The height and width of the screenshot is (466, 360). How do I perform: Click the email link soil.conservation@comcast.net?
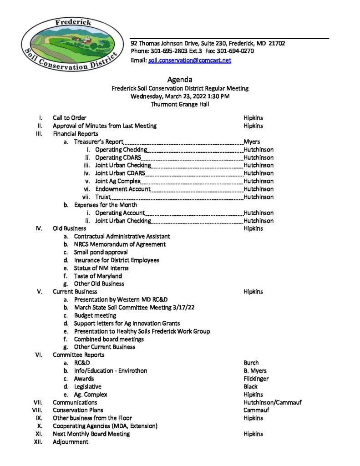coord(189,60)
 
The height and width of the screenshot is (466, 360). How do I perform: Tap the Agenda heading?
coord(180,80)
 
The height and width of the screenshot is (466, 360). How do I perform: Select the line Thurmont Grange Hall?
coord(180,104)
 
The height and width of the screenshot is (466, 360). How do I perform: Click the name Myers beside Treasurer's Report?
coord(252,142)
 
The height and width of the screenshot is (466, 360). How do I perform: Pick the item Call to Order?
coord(70,118)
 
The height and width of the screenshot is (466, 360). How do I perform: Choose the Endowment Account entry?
coord(122,189)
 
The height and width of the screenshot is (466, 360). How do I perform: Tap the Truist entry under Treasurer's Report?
coord(102,197)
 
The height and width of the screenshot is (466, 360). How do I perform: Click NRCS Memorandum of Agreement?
coord(120,244)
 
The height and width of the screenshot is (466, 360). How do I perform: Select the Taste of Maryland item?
coord(98,276)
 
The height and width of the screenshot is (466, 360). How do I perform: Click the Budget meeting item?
coord(95,315)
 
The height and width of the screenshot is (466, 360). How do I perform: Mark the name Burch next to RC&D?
coord(251,363)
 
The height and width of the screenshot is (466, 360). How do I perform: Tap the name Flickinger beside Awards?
coord(256,379)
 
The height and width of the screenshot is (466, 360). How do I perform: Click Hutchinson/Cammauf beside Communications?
coord(272,402)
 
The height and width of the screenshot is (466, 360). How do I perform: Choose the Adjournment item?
coord(71,442)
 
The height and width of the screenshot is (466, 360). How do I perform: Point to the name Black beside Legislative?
coord(250,386)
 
